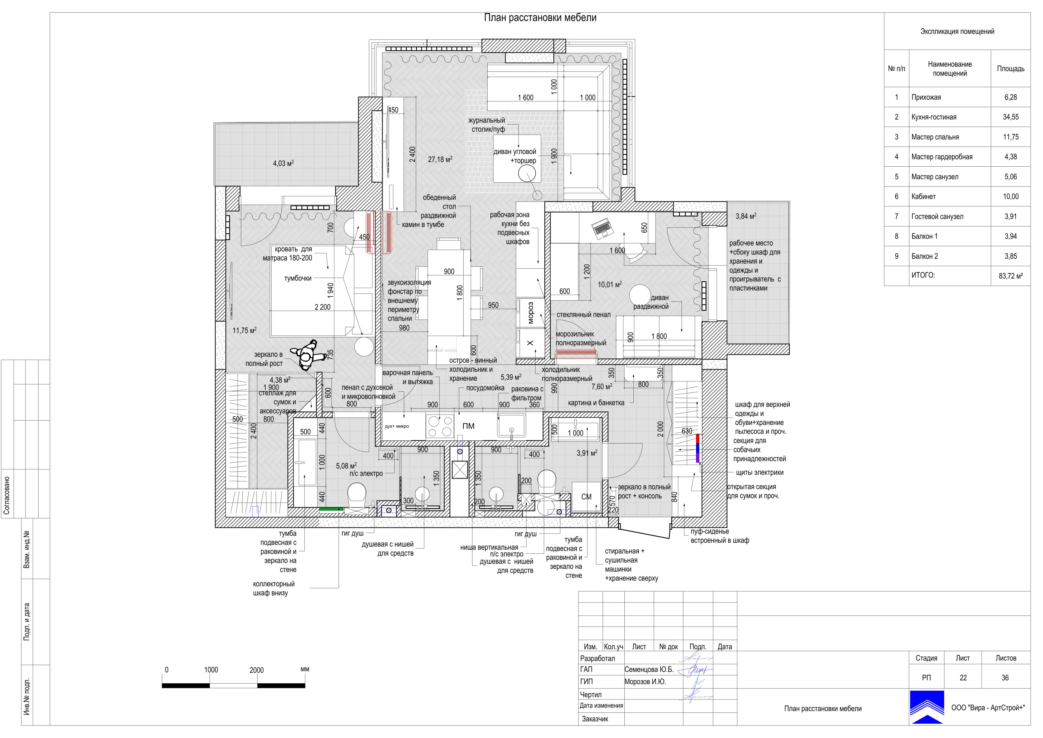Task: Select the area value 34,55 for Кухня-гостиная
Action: pos(1010,117)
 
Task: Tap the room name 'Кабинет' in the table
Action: pos(923,197)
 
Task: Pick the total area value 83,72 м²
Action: pos(1010,276)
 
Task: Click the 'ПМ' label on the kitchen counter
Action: pos(468,426)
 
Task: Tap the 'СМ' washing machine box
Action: pos(586,497)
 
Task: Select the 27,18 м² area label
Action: pos(440,159)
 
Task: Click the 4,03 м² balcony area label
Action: pos(283,163)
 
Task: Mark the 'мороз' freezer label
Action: pos(530,313)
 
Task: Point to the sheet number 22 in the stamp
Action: pos(963,678)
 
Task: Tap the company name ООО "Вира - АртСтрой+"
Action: pos(988,708)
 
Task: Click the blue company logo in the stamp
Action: pos(927,707)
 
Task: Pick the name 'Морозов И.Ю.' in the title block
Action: pos(645,682)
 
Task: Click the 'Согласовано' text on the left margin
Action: pos(6,495)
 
